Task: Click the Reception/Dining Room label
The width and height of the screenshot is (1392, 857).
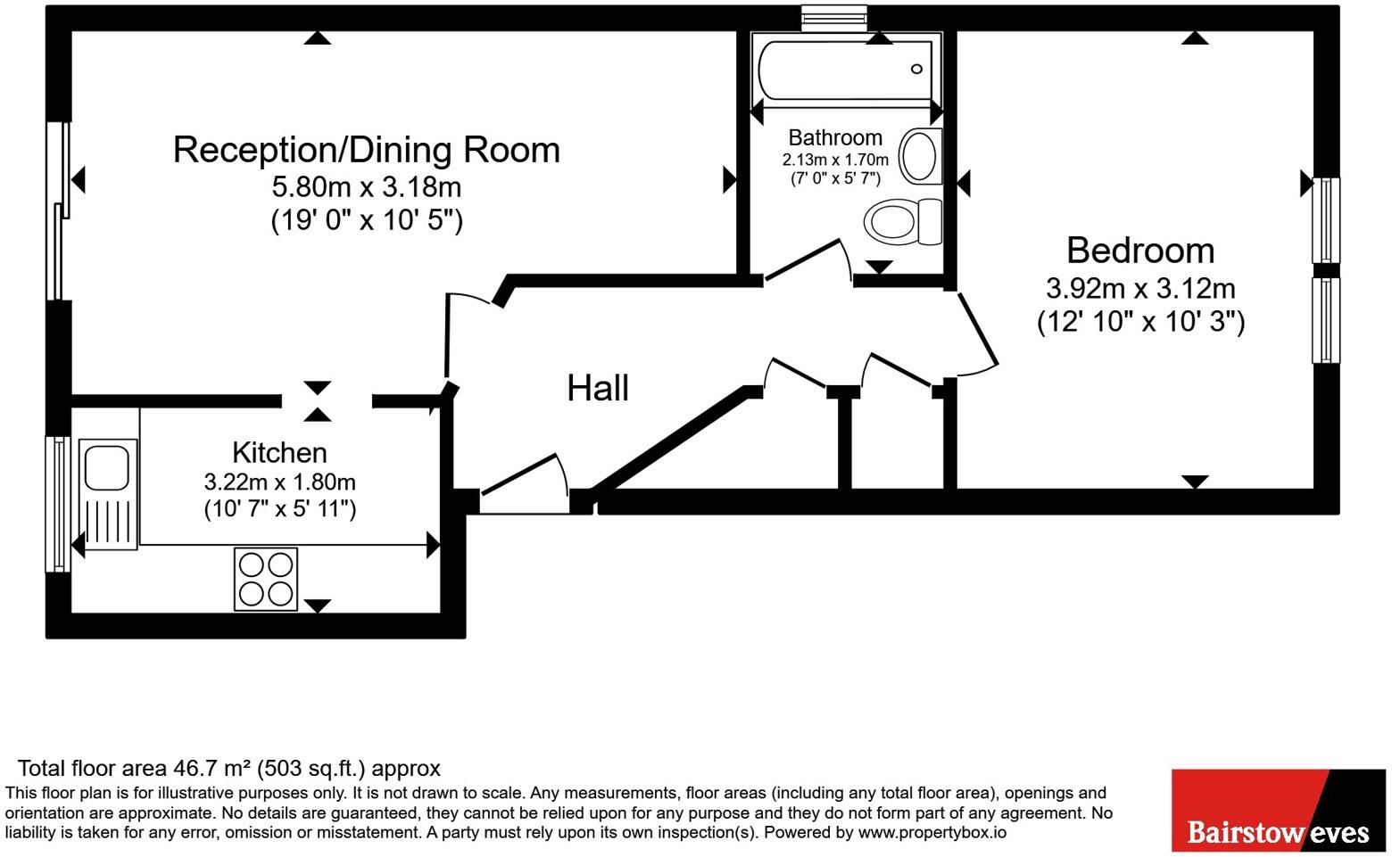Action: coord(366,150)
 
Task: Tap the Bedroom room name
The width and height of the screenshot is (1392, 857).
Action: coord(1140,251)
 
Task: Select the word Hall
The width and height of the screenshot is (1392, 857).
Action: coord(598,388)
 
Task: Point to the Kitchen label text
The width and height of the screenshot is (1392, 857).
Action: coord(279,452)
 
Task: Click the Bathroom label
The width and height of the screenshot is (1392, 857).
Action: coord(835,137)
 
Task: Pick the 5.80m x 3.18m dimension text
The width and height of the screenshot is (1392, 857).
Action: coord(366,187)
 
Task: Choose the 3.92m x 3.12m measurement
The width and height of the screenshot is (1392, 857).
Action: coord(1140,289)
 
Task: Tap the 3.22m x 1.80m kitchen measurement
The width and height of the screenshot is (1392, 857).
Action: coord(279,482)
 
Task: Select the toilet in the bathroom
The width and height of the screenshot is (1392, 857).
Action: coord(901,221)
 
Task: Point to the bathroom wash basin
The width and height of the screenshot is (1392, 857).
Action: coord(920,156)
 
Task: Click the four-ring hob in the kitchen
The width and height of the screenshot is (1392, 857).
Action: coord(266,579)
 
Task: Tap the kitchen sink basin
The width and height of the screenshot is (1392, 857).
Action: coord(108,467)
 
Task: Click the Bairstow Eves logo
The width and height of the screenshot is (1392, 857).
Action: coord(1278,812)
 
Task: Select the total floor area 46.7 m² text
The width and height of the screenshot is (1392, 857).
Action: coord(229,768)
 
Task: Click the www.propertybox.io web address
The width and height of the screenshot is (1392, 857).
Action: coord(932,833)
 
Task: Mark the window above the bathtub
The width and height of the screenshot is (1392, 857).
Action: coord(833,17)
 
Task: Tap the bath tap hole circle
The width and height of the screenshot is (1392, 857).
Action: coord(916,69)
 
